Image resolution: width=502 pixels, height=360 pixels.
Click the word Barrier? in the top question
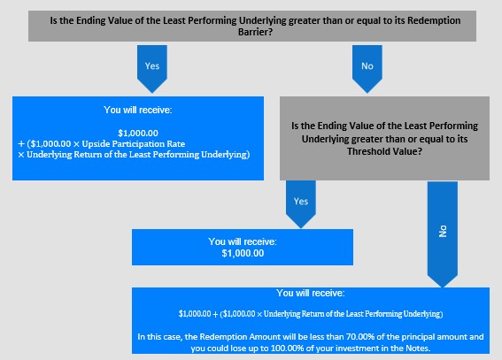255,32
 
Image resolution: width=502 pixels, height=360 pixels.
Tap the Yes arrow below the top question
152,69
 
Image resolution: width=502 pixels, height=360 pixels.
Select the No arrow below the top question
367,69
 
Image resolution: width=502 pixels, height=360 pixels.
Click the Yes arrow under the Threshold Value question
301,204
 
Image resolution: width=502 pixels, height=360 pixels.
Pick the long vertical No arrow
443,234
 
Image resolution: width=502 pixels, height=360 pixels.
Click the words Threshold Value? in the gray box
384,151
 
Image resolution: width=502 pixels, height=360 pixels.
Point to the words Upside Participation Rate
134,144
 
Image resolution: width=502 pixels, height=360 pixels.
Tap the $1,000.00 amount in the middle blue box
243,253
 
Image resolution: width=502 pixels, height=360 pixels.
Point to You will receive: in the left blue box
137,110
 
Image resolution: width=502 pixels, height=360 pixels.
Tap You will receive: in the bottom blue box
311,293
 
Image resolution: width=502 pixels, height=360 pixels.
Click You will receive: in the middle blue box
243,241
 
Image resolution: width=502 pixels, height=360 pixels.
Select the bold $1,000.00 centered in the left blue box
138,133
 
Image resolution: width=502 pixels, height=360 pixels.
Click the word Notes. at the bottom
418,349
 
